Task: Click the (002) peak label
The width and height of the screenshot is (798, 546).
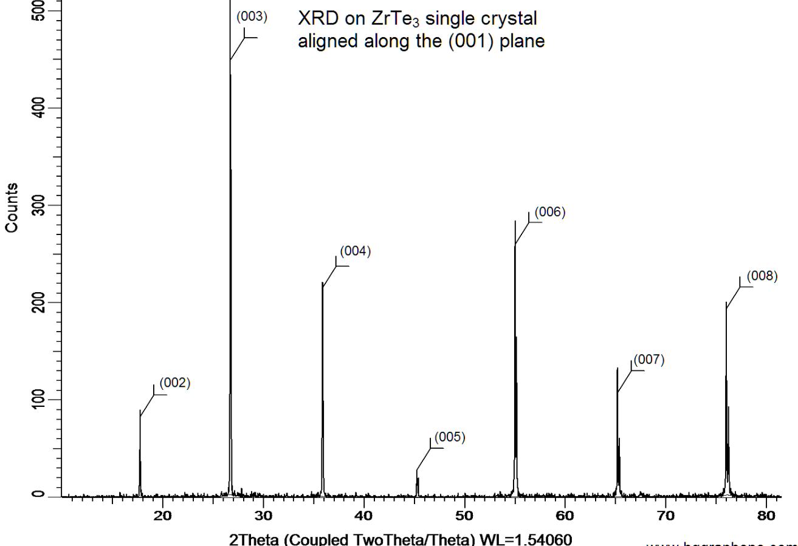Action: (x=175, y=383)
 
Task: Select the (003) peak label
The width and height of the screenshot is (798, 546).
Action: (x=252, y=16)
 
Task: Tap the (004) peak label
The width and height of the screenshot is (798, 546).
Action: (x=355, y=251)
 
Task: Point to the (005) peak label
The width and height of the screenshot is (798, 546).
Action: (x=450, y=437)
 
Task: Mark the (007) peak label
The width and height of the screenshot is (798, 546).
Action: (x=648, y=360)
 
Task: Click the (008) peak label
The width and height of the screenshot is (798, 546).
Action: (x=746, y=276)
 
